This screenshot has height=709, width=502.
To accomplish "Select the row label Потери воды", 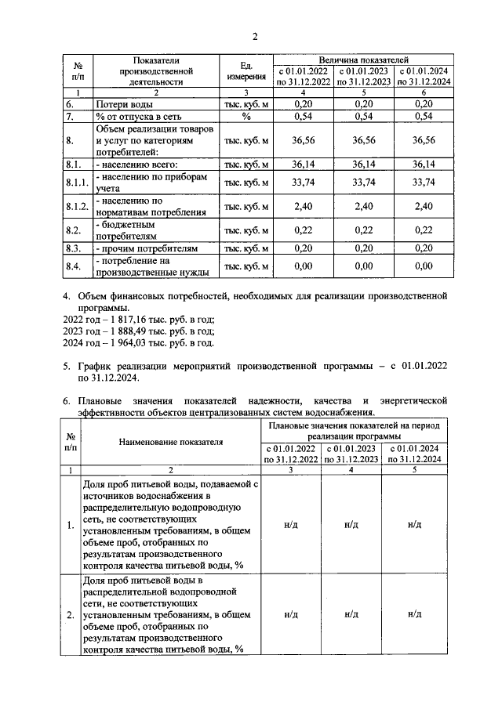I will pyautogui.click(x=124, y=103).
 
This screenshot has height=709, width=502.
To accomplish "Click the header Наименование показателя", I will pyautogui.click(x=171, y=442).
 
